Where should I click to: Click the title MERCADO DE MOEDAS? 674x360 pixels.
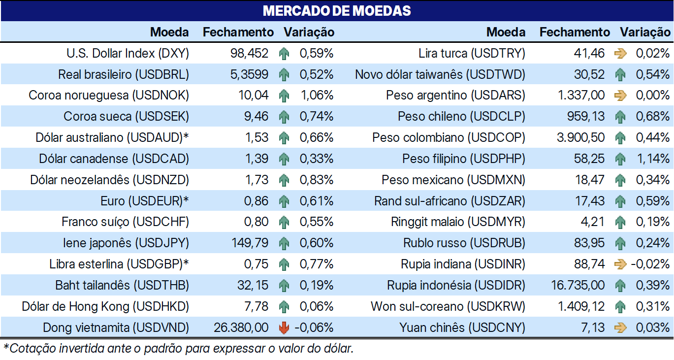tap(337, 11)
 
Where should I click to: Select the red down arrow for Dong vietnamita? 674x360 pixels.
tap(284, 327)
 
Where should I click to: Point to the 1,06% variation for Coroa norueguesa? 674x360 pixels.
tap(317, 96)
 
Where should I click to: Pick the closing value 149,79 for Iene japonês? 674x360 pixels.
tap(250, 243)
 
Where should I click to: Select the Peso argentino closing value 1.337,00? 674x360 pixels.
tap(581, 96)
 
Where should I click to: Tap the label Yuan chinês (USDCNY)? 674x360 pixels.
tap(462, 327)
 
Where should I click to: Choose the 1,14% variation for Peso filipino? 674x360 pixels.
tap(653, 159)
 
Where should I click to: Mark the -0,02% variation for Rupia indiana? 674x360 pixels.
tap(650, 264)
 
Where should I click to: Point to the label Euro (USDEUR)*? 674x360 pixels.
tap(145, 201)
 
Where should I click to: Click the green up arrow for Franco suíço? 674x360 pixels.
tap(284, 222)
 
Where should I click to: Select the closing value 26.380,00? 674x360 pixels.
tap(241, 327)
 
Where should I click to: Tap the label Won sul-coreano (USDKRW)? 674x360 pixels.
tap(448, 306)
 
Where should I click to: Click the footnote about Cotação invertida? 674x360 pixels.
tap(178, 349)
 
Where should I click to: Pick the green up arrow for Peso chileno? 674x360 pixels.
tap(620, 117)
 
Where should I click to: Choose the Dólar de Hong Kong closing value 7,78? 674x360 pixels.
tap(257, 306)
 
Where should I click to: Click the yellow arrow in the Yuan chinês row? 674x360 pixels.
tap(620, 327)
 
